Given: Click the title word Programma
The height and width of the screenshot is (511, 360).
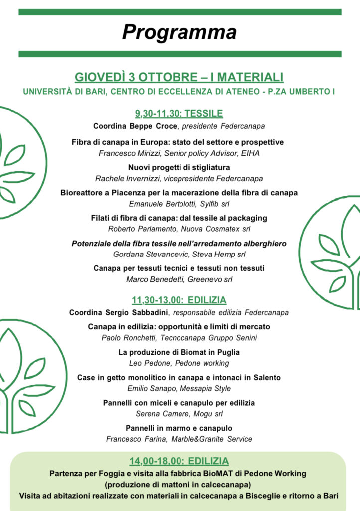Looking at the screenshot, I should (x=180, y=32).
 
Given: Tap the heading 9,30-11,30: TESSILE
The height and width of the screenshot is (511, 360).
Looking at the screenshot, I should (x=179, y=113).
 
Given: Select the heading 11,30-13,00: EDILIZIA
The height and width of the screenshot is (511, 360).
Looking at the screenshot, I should (x=179, y=300).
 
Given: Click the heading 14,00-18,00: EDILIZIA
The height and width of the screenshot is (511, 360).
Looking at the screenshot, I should (x=179, y=461).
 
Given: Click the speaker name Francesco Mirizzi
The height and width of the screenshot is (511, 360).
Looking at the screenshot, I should (x=128, y=153).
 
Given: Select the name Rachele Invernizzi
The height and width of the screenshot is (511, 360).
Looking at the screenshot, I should (x=128, y=178).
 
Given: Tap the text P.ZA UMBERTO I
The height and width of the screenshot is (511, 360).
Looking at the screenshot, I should (x=304, y=92).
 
